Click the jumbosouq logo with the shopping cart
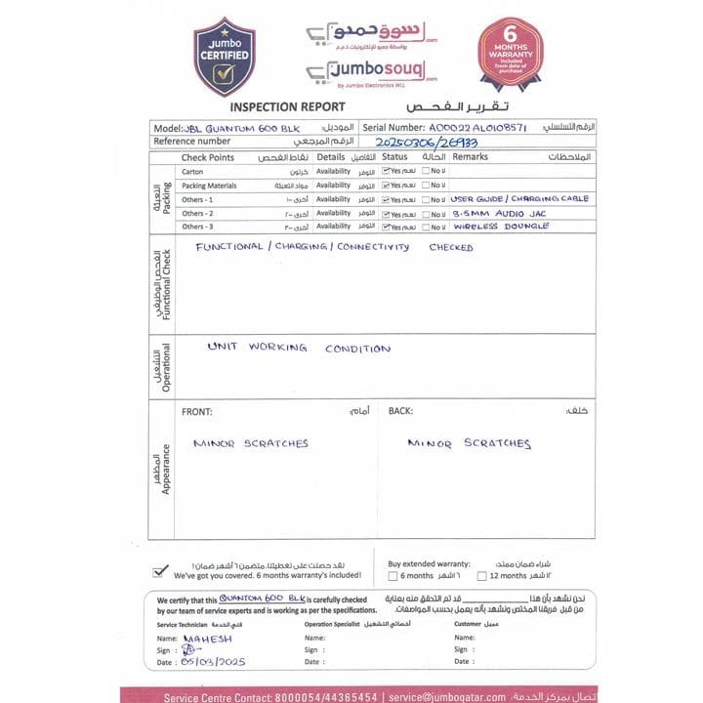371,71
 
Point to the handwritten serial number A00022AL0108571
477,128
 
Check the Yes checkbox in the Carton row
387,171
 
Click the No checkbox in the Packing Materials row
427,185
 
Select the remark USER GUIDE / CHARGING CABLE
519,198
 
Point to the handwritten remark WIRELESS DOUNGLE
501,227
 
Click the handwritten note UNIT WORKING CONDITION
299,348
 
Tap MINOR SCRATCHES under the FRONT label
250,443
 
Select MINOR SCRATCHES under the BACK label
469,443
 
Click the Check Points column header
208,157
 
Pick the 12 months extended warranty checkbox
468,576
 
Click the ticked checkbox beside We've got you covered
160,571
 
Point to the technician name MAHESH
207,639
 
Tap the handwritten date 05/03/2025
213,662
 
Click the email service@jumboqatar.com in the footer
446,697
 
